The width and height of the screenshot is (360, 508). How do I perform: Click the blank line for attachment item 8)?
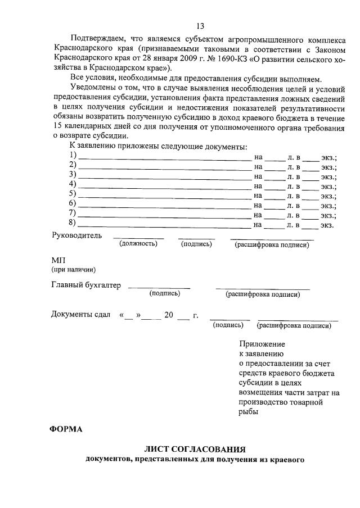coord(164,225)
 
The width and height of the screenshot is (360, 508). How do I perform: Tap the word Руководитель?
coord(76,235)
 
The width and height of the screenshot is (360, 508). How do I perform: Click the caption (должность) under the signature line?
coord(138,244)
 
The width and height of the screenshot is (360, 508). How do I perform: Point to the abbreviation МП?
coord(58,260)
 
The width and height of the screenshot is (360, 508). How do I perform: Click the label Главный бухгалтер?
coord(86,285)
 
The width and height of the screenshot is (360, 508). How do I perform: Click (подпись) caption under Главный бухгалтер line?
coord(164,293)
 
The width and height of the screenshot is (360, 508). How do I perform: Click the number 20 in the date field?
coord(169,315)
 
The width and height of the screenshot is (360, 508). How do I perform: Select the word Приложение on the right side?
coord(262,344)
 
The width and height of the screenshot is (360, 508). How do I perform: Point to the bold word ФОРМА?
coord(66,430)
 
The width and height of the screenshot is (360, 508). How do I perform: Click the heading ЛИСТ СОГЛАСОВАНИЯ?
coord(195,450)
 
